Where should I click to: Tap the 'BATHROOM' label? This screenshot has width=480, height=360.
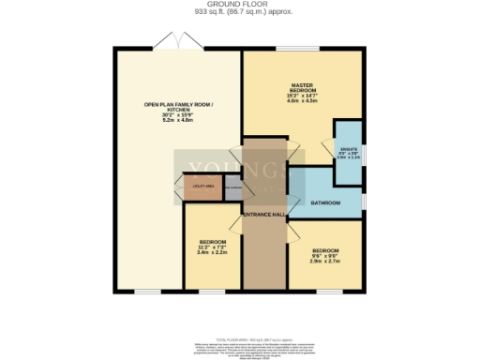(x=325, y=202)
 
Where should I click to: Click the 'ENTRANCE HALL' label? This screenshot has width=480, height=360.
(x=263, y=215)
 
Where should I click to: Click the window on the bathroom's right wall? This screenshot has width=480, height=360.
(x=362, y=200)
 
